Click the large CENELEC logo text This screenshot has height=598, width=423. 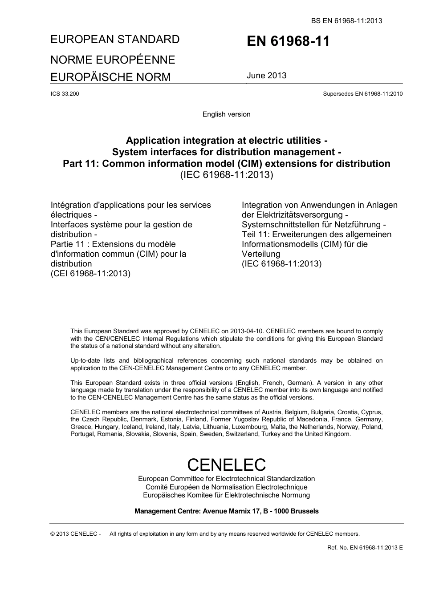coord(226,465)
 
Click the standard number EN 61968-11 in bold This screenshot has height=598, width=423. coord(288,41)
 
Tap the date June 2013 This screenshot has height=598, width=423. coord(266,75)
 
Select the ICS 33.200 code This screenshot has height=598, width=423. coord(65,94)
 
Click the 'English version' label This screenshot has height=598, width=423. coord(226,114)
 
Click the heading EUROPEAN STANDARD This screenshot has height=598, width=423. coord(115,39)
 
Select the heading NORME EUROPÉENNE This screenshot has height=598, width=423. coord(113,60)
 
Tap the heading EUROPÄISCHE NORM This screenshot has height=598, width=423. coord(110,77)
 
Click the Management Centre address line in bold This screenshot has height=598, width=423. coord(226,511)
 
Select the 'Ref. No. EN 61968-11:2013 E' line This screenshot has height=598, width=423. coord(365,547)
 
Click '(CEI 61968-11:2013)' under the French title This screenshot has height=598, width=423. coord(90,273)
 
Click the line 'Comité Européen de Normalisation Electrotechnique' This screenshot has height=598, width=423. coord(226,487)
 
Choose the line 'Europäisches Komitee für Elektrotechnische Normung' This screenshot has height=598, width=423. coord(226,495)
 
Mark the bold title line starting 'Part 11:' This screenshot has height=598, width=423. coord(226,164)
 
